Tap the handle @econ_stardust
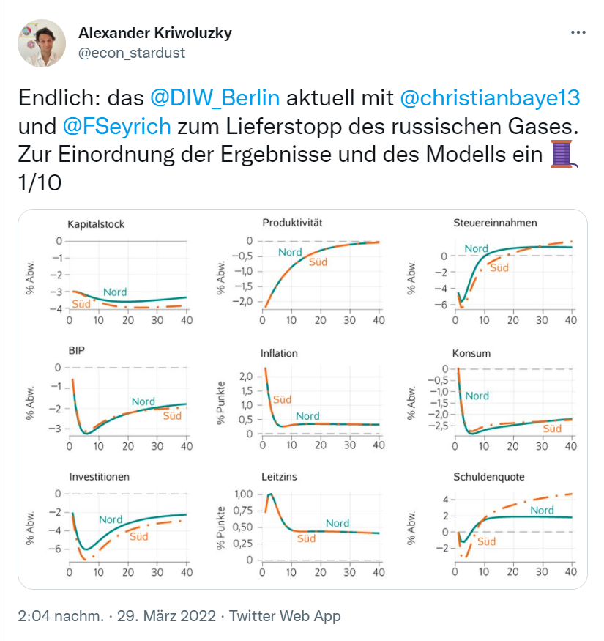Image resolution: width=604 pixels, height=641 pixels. pyautogui.click(x=131, y=53)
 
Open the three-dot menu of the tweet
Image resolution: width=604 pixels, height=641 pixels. pyautogui.click(x=578, y=33)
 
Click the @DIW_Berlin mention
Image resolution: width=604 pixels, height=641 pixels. pyautogui.click(x=215, y=97)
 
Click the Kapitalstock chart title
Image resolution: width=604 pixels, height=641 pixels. pyautogui.click(x=95, y=223)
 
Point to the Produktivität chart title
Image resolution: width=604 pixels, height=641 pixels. pyautogui.click(x=292, y=222)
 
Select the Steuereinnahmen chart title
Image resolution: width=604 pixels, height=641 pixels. pyautogui.click(x=495, y=222)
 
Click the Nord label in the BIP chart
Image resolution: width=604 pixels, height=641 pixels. pyautogui.click(x=143, y=401)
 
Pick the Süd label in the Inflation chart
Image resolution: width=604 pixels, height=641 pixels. pyautogui.click(x=282, y=399)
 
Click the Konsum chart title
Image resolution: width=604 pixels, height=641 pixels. pyautogui.click(x=471, y=353)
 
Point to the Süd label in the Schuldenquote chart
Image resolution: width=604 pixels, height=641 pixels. pyautogui.click(x=486, y=541)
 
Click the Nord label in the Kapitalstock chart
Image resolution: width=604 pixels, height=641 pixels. pyautogui.click(x=115, y=292)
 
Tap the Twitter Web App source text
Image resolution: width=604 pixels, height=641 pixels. pyautogui.click(x=285, y=617)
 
